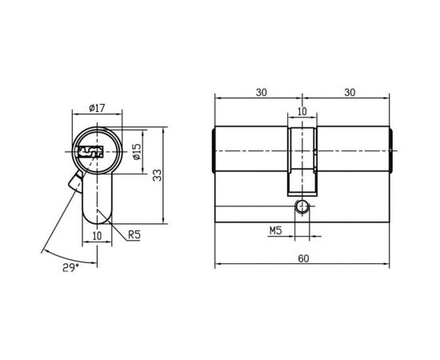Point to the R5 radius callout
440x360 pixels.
135,234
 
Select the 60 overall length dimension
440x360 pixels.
303,259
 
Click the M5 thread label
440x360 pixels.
275,232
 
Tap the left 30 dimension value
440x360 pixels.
260,93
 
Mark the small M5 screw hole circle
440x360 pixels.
302,206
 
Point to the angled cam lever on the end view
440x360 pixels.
75,183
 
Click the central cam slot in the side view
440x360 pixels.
302,160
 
